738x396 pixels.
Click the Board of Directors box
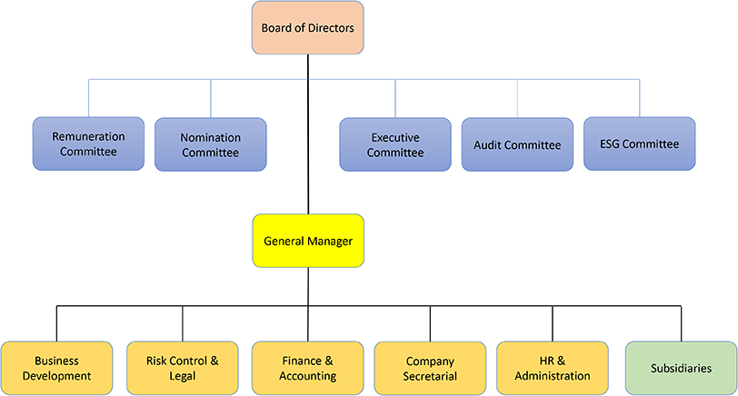(308, 28)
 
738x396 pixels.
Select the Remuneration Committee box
(88, 144)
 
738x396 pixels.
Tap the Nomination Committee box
(210, 144)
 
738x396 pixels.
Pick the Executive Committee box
(395, 144)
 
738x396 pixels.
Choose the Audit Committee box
(517, 144)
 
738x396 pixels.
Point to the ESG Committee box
(639, 144)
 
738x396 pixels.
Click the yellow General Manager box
(308, 241)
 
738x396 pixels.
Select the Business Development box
(56, 368)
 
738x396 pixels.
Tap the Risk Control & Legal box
(182, 368)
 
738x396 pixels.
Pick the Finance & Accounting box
(308, 368)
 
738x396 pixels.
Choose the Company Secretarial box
(430, 368)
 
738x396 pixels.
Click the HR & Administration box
(553, 368)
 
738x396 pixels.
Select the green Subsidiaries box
(681, 368)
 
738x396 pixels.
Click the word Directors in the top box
(331, 28)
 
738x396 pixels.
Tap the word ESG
(610, 144)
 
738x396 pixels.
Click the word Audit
(486, 144)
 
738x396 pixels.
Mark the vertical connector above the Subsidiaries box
(681, 323)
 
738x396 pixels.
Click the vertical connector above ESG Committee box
(639, 98)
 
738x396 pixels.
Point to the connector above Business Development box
(56, 323)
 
